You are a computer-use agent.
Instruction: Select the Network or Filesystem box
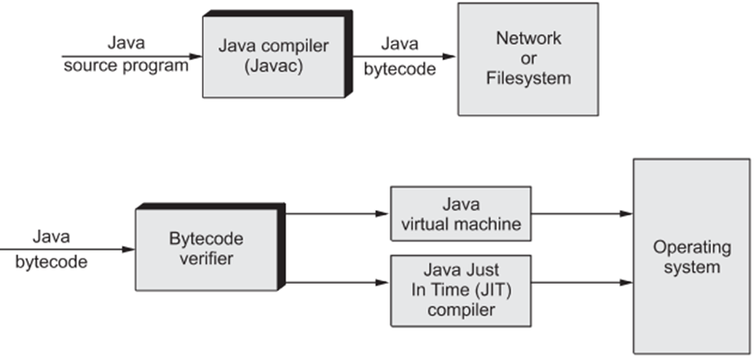pos(527,58)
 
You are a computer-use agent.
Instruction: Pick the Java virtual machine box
pos(461,214)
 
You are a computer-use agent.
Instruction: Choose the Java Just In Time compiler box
pos(461,290)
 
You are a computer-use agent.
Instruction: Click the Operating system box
pos(691,256)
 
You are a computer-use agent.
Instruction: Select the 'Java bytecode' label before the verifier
pos(51,250)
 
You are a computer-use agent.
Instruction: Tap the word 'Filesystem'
pos(527,78)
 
